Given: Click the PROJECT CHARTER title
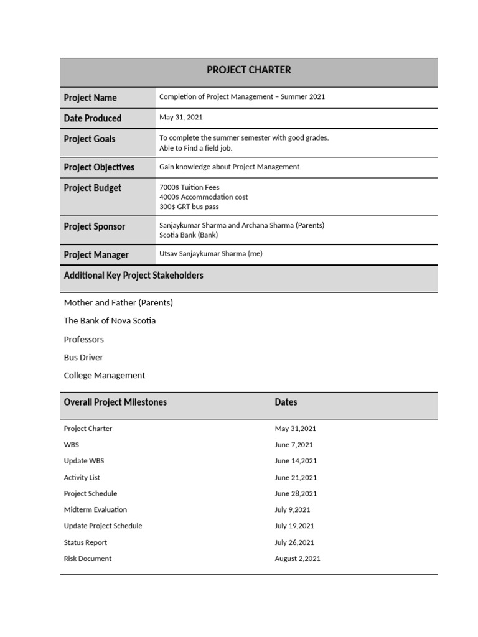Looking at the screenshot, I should (x=248, y=70).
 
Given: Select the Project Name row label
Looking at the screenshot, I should (x=90, y=98).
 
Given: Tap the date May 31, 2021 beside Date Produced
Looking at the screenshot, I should (x=180, y=117).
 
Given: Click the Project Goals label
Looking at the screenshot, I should (x=90, y=139).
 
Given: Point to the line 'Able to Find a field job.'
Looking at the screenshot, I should (x=195, y=148).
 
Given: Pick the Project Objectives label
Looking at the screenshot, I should (x=99, y=167).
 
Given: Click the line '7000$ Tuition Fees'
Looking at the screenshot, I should (x=189, y=187).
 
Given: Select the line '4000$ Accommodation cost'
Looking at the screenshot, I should (x=204, y=197).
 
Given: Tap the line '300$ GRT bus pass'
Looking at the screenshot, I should (x=189, y=207).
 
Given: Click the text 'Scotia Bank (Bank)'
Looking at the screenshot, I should (x=189, y=235).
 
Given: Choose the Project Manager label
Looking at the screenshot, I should (x=96, y=254).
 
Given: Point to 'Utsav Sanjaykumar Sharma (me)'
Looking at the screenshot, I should (x=211, y=254).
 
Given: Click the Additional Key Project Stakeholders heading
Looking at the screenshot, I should (x=133, y=275).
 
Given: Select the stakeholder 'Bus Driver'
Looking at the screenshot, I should (x=83, y=357).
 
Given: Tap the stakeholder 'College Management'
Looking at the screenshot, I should (x=105, y=375).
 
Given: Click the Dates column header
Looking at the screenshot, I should (x=286, y=402).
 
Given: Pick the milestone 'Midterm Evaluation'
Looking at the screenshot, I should (x=95, y=509).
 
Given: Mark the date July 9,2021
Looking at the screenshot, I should (x=293, y=509).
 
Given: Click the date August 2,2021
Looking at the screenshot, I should (x=298, y=559).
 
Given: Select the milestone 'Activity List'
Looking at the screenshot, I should (x=82, y=477).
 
